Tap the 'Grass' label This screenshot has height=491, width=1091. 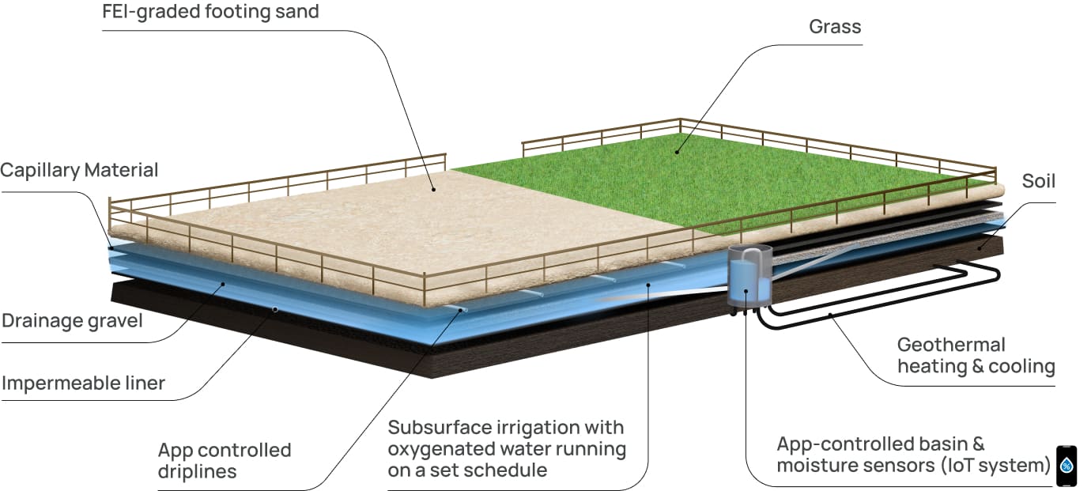coord(835,27)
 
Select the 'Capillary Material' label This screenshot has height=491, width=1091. coord(79,170)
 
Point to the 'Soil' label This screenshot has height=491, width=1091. coord(1038,182)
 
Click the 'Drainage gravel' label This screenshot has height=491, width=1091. coord(72,321)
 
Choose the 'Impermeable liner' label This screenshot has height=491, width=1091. coord(83,383)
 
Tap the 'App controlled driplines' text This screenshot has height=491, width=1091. coord(225,460)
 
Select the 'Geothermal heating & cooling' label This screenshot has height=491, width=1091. coord(976,356)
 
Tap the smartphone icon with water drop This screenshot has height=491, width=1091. coord(1066,466)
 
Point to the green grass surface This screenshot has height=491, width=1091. coord(712,182)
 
